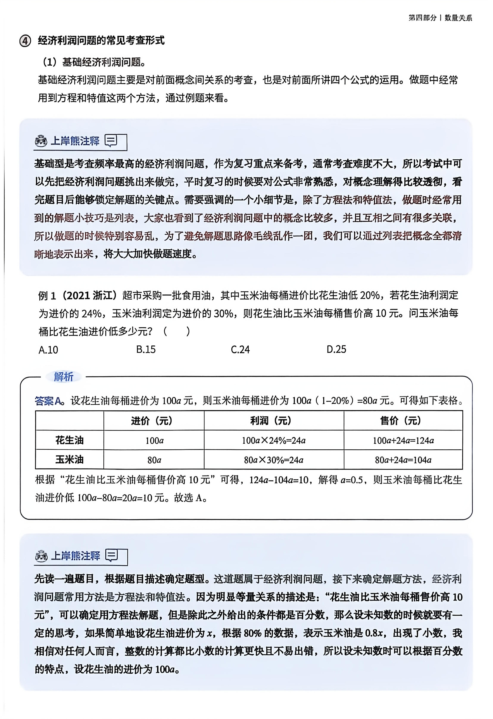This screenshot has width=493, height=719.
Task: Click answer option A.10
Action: pos(48,350)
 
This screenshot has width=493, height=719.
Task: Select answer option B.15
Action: pos(146,350)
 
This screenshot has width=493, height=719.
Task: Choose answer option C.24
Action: pos(240,350)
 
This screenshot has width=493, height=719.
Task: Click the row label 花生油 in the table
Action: pos(69,440)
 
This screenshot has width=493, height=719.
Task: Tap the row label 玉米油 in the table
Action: pos(69,460)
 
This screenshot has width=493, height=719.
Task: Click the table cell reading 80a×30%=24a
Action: pos(273,460)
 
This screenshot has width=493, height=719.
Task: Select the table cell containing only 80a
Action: pos(154,460)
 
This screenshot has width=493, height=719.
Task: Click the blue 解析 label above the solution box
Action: pos(64,377)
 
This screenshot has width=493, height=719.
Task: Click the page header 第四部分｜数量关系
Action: pos(440,18)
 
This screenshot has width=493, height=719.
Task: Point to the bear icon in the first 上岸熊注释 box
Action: pos(41,141)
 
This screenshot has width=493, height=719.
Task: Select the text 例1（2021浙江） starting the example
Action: pos(77,295)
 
